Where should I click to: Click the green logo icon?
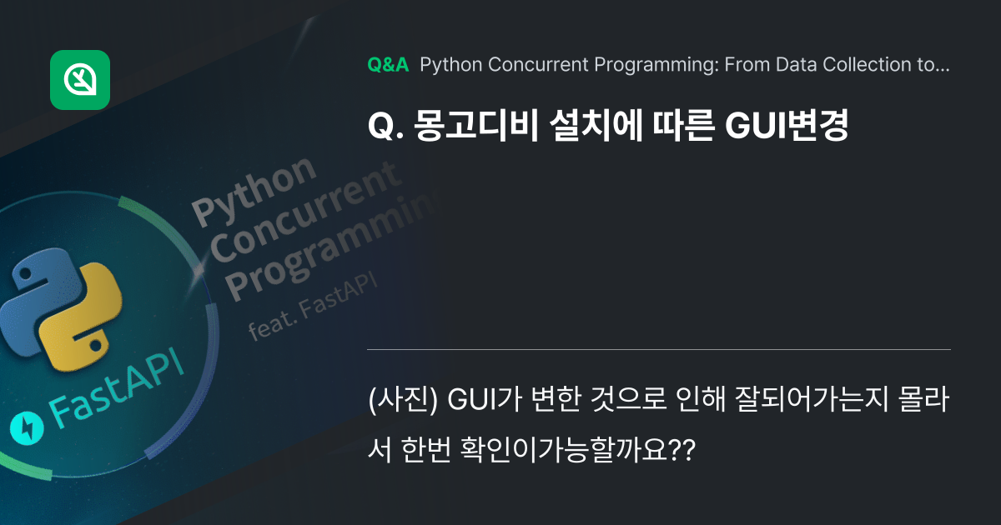(80, 80)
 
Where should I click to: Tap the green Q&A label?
(388, 65)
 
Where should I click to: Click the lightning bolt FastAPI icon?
(27, 428)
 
